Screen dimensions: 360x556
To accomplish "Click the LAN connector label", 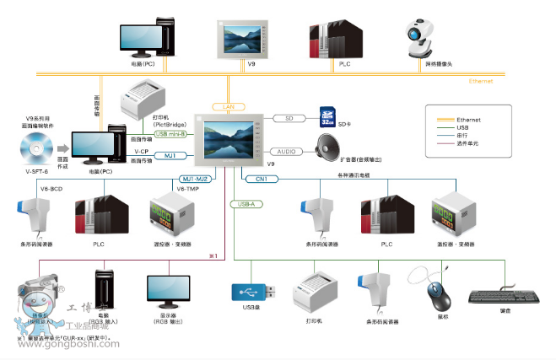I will (228, 107).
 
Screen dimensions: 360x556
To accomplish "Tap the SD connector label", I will (289, 118).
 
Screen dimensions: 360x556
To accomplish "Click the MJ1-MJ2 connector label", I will (195, 179).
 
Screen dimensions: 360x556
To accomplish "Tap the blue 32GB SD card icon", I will (329, 116).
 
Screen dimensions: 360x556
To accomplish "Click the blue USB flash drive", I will (252, 291).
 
